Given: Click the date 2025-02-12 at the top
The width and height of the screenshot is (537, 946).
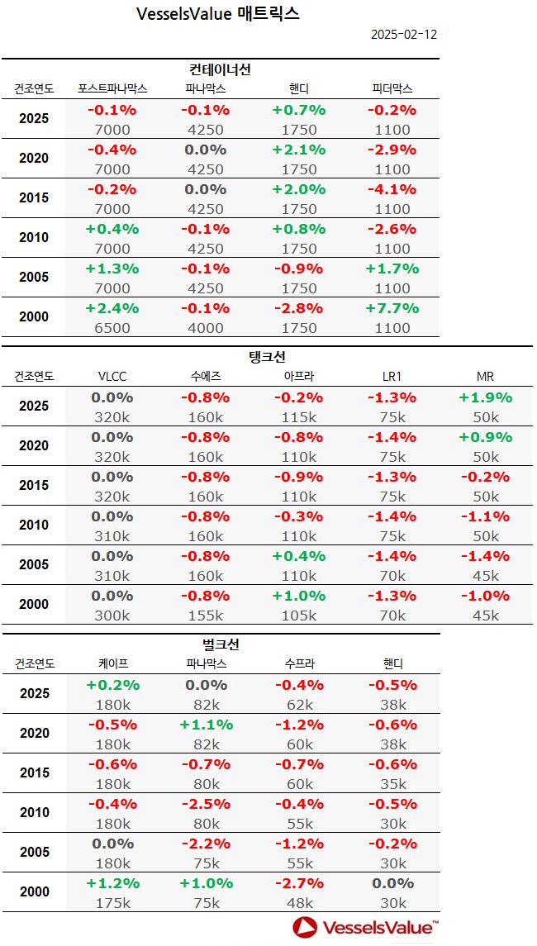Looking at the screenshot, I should pos(403,35).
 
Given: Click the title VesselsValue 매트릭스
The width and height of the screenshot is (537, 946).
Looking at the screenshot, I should pos(217,13).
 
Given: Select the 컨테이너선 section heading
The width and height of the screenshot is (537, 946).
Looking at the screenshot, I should pos(221,69).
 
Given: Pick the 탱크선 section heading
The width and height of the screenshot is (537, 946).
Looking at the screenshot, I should pos(267,357).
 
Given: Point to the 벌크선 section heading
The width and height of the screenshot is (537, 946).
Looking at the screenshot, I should pos(221,644).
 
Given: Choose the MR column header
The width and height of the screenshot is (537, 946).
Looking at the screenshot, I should pos(486,376).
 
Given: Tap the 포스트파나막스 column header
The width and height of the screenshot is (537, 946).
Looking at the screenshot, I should pos(112,88).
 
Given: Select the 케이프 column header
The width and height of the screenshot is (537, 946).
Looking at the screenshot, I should pos(112,663).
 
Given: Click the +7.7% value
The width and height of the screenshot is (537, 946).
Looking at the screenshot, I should pos(392,308).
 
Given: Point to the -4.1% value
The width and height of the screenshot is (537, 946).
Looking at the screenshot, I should pos(392,189).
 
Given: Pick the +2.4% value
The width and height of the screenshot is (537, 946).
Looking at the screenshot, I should pos(112,308).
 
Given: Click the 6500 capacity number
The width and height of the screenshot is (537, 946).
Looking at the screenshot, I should pos(112,328).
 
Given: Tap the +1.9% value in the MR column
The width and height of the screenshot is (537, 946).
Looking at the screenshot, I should pos(486,397).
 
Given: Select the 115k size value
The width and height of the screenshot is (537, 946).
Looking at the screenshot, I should pos(299,417).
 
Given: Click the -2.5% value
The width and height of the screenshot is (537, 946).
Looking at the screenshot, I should pos(206,804).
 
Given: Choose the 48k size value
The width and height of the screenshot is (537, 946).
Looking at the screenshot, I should pos(299,903).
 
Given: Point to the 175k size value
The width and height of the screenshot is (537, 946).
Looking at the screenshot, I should pos(112,903).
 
